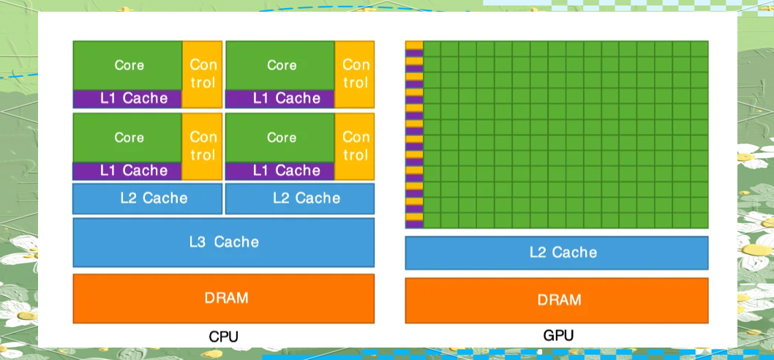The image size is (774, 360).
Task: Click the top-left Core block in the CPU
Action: [128, 65]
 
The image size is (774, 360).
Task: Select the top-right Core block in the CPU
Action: [281, 65]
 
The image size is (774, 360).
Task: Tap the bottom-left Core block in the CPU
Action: [128, 138]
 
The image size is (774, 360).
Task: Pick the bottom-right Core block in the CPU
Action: [281, 138]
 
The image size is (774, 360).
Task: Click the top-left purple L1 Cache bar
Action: [127, 98]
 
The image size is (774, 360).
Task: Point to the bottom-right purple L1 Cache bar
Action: [280, 170]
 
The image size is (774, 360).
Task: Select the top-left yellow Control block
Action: [203, 74]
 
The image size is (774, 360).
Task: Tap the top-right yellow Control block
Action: [356, 74]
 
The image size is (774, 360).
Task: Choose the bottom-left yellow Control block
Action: [203, 146]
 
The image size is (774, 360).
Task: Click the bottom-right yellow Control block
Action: [356, 146]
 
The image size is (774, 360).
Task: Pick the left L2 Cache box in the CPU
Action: [148, 198]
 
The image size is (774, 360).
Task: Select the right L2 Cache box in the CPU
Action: [300, 198]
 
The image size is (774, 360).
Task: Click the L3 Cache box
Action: [224, 241]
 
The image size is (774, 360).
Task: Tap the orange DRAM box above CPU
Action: [224, 299]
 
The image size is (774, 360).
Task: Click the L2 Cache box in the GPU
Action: [557, 252]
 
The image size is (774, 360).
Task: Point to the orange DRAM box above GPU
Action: [557, 300]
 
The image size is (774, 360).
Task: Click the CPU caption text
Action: [224, 337]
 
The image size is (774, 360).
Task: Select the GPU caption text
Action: [558, 335]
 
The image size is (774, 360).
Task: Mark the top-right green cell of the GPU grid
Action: [699, 48]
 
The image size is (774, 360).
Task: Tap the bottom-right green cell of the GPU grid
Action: [699, 220]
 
